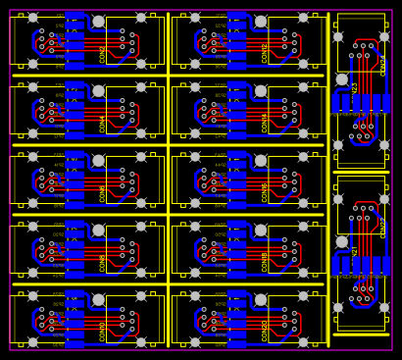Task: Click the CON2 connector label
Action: pos(103,53)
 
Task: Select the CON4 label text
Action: pos(103,123)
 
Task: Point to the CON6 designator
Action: pos(103,192)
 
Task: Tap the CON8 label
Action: pos(103,262)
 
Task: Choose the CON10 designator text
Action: pos(103,331)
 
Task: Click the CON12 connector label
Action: pos(265,53)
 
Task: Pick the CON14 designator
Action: pos(265,123)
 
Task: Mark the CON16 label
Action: pos(265,192)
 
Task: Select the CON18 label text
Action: pos(265,262)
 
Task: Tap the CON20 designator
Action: pos(265,331)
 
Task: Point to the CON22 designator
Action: pos(383,229)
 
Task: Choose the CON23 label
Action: pos(355,88)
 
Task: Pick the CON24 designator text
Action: pos(383,66)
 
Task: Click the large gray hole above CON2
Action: pos(98,21)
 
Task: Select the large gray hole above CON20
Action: pos(261,299)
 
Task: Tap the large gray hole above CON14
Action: pos(261,90)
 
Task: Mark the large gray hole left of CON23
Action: pos(342,79)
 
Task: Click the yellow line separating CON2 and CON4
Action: pos(88,75)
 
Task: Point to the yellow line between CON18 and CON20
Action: pos(250,283)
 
